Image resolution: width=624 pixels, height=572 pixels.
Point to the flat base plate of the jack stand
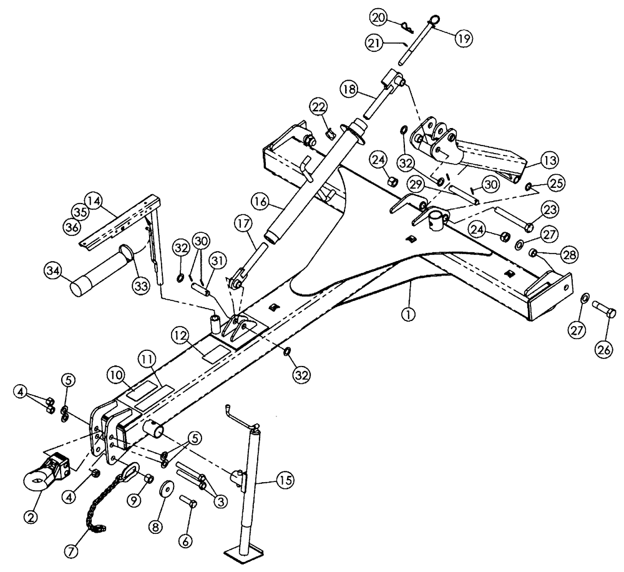click(x=239, y=555)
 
